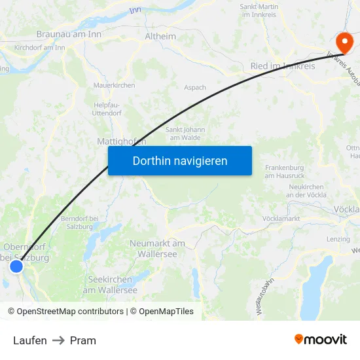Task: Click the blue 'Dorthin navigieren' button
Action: [180, 160]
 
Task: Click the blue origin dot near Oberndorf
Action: [17, 266]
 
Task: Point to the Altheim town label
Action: [160, 37]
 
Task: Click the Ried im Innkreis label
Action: [283, 66]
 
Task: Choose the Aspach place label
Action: [195, 87]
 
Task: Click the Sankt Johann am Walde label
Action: [185, 134]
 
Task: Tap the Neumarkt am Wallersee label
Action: [157, 248]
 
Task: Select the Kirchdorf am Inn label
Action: [39, 47]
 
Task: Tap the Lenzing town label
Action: [338, 239]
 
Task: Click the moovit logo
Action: [320, 340]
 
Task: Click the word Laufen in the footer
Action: [30, 340]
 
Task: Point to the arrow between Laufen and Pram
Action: [58, 340]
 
